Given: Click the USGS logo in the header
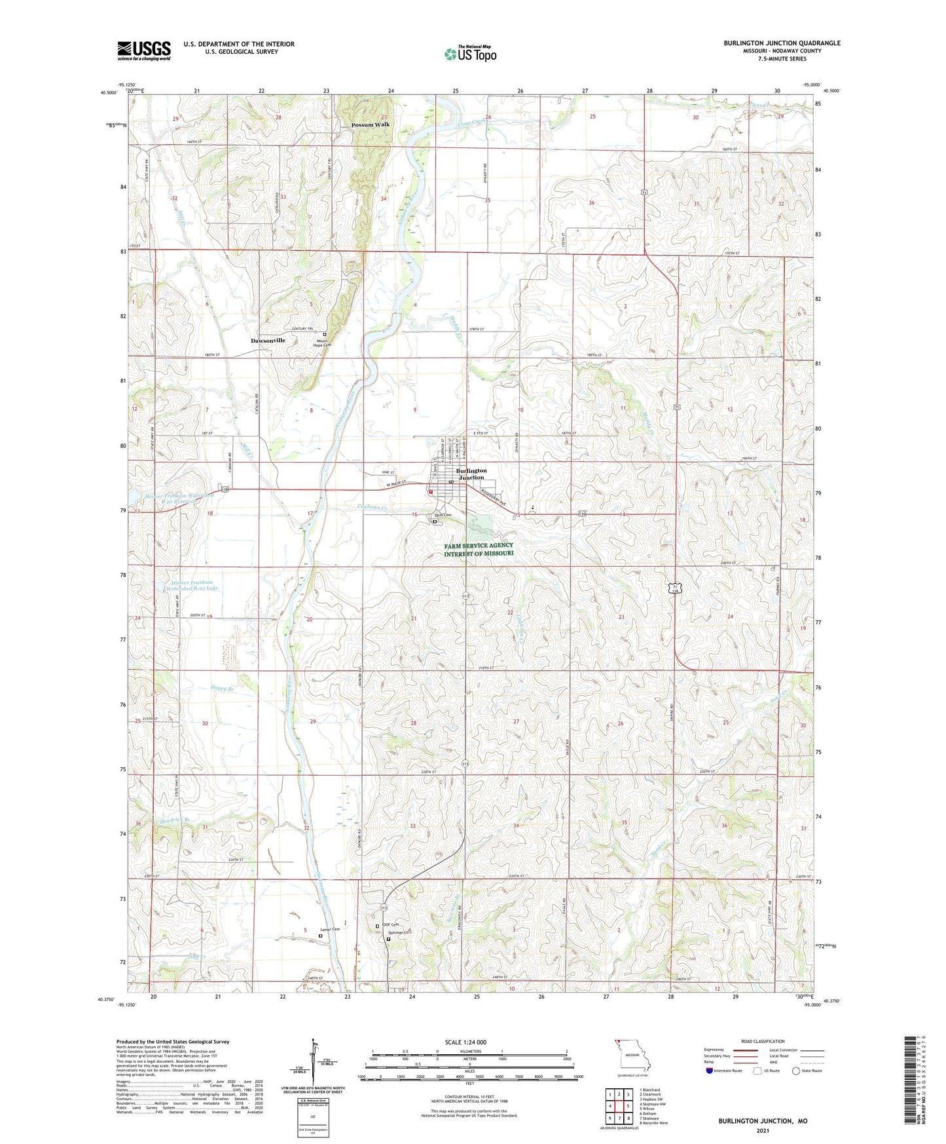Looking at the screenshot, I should coord(144,50).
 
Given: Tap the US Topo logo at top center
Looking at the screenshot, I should coord(469,54).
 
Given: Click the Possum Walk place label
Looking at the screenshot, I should coord(370,124).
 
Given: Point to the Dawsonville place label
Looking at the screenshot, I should coord(268,341).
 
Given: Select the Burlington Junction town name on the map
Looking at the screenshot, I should coord(471,474).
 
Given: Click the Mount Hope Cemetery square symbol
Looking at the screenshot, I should coord(325,334).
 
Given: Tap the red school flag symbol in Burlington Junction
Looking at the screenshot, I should coord(430,491).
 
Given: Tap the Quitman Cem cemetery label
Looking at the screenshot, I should coord(399,933).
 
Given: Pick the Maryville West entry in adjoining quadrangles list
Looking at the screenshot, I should coord(654,1123).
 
